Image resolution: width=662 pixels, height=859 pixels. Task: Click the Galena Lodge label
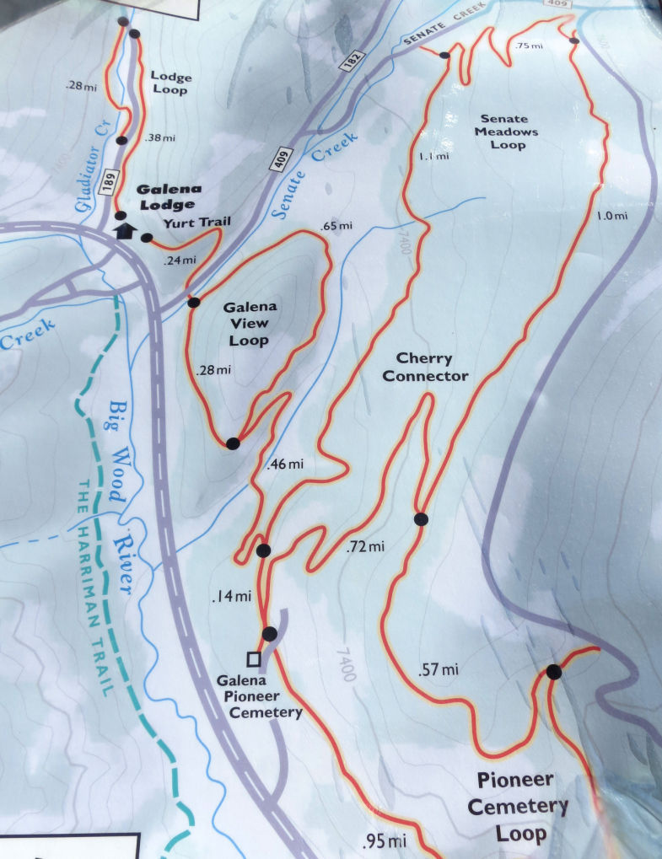click(x=166, y=197)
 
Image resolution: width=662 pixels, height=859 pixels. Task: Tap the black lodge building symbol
click(x=125, y=231)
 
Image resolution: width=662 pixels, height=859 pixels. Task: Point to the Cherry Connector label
click(x=425, y=368)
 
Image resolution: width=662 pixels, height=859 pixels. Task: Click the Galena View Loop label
click(x=250, y=324)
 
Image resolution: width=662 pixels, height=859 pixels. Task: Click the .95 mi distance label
click(x=384, y=840)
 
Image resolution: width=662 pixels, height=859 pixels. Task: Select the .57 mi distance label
click(x=438, y=670)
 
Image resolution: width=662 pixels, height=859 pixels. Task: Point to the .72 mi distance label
click(x=364, y=547)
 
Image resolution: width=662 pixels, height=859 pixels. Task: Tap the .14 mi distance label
click(x=231, y=597)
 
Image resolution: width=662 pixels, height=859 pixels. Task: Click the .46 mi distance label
click(x=283, y=464)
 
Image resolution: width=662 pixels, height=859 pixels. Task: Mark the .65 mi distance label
click(x=336, y=226)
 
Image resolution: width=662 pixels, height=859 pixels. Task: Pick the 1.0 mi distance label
click(x=611, y=216)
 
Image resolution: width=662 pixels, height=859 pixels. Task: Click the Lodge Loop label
click(x=171, y=83)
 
